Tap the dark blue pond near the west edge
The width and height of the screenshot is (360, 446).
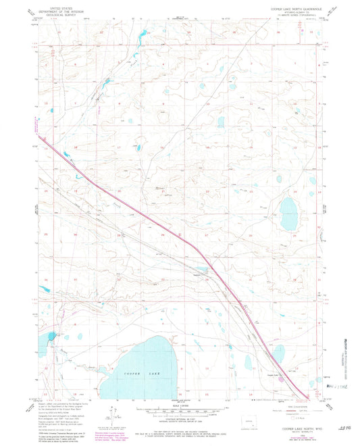(x=52, y=336)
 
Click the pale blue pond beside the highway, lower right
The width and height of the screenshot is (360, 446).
(x=278, y=353)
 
